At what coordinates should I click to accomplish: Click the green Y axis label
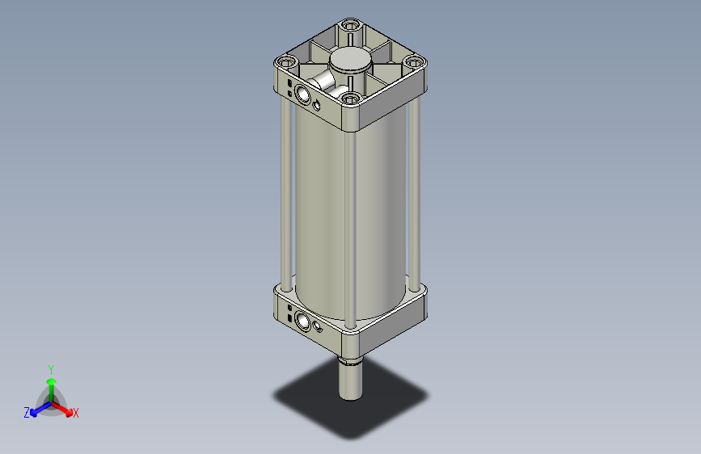[x=51, y=368]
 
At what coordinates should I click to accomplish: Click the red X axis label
[x=76, y=414]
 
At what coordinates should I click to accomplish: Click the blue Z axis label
[x=27, y=413]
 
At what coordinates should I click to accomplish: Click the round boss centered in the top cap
[x=350, y=61]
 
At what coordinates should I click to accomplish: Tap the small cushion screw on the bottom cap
[x=318, y=327]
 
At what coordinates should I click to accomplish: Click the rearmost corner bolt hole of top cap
[x=349, y=26]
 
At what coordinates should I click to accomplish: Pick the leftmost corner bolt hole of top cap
[x=285, y=62]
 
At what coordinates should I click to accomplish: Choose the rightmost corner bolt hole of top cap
[x=413, y=62]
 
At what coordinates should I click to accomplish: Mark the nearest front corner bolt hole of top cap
[x=350, y=99]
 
